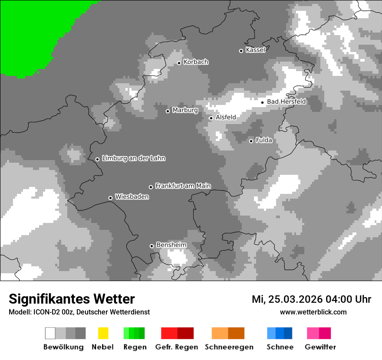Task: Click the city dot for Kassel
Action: click(x=241, y=51)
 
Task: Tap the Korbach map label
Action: click(x=196, y=62)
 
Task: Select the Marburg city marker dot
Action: click(x=168, y=111)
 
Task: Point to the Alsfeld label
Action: click(x=226, y=117)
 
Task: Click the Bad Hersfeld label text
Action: click(x=286, y=101)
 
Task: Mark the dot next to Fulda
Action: click(x=251, y=141)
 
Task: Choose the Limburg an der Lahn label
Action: click(x=134, y=158)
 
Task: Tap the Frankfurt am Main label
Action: click(x=183, y=186)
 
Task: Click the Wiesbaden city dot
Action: click(x=110, y=198)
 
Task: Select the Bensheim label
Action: click(x=171, y=245)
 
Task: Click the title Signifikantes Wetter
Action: click(x=72, y=299)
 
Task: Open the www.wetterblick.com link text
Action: click(x=313, y=312)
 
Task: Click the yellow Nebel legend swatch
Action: click(x=103, y=333)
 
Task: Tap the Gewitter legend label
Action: click(x=320, y=347)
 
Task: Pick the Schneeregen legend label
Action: click(x=229, y=347)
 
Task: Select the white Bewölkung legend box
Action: click(x=50, y=333)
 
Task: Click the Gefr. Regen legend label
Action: click(x=176, y=347)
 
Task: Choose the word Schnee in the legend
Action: click(x=280, y=347)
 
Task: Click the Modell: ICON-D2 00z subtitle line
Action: click(x=79, y=312)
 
